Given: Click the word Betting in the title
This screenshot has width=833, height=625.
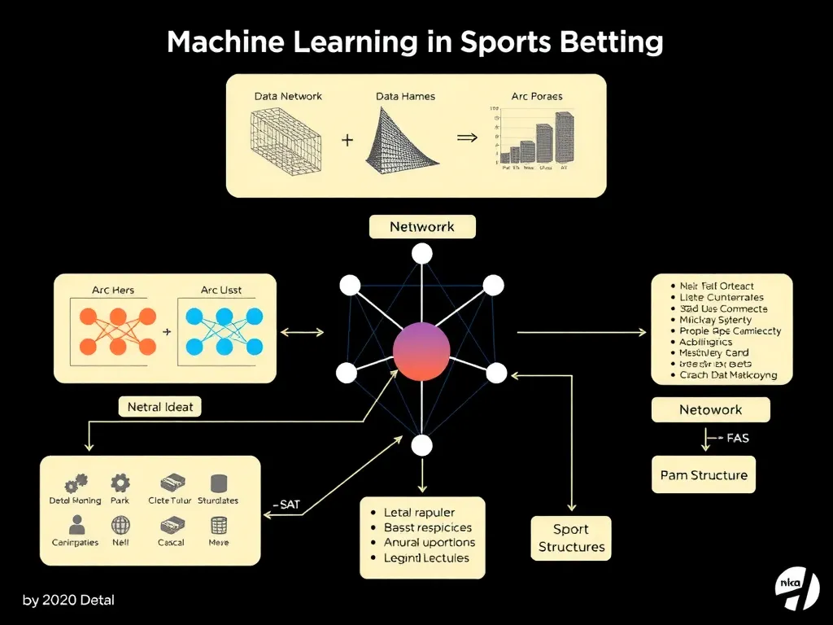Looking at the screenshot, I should coord(608,42).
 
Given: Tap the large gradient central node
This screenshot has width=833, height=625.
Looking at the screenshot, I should coord(421,352).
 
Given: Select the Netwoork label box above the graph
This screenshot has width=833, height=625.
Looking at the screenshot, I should coord(421,227).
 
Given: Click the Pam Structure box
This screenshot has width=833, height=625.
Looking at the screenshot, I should coord(703,475).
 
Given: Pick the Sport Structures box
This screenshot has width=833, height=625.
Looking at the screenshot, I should coord(572,538).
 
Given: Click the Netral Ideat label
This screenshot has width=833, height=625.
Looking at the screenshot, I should coord(159,407).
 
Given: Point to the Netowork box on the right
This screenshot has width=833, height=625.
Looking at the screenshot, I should coord(710,410).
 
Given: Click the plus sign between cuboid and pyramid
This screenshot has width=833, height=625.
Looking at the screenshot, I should coord(347,140).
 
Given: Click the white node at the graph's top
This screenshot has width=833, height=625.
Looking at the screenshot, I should coord(421,255).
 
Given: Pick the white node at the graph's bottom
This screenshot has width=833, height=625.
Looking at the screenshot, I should coord(421,445).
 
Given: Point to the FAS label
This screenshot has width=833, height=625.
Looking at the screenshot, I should coord(734,439).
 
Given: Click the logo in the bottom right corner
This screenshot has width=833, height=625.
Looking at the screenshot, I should coord(796,588).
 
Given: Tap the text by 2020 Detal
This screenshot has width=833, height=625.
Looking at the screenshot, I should coord(68,601).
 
